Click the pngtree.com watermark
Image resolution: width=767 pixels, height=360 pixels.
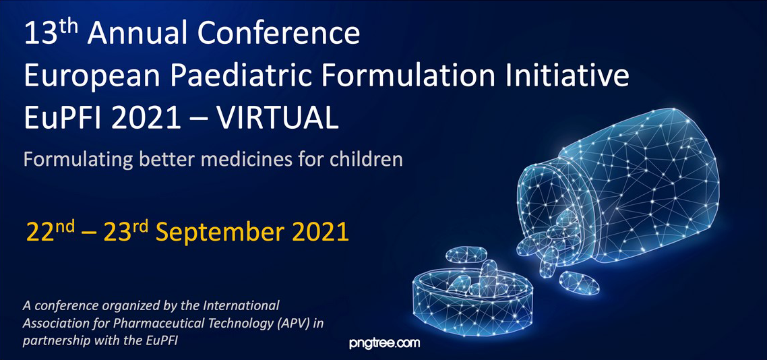point(384,343)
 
